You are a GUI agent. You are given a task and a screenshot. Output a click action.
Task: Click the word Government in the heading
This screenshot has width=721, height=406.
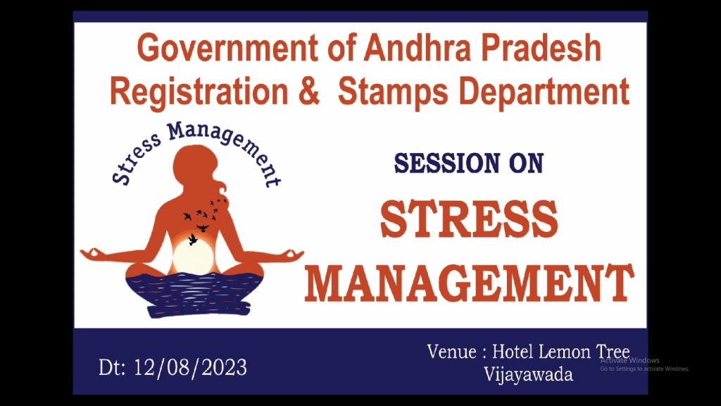pos(227,48)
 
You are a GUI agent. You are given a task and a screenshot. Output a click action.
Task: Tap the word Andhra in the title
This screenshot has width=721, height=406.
pos(418,48)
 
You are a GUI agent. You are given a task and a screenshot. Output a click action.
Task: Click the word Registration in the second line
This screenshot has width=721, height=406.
pos(199,91)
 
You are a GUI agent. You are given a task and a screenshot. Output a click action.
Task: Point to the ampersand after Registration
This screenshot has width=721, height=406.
pos(309,91)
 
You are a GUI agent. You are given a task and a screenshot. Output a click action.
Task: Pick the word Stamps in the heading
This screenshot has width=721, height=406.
pos(393,91)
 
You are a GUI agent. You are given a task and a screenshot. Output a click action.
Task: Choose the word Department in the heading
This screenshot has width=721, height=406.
pos(544,91)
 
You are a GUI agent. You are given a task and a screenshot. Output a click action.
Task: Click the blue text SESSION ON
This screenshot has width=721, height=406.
pos(469,164)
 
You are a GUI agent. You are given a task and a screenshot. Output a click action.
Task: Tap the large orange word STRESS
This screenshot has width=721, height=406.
pos(469,219)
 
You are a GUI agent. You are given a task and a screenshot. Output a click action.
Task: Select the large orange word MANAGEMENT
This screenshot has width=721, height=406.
pos(469,283)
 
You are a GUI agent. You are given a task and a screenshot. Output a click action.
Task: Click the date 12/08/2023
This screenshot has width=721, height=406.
pos(190,367)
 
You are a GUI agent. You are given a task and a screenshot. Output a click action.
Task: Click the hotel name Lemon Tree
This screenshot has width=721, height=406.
pos(584,352)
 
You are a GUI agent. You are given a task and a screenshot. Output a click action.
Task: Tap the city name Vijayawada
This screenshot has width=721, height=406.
pos(528,374)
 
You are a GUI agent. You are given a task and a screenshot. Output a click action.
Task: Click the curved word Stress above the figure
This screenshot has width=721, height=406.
pos(136,159)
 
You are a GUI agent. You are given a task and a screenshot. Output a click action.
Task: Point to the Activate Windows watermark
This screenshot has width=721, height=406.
pos(629,360)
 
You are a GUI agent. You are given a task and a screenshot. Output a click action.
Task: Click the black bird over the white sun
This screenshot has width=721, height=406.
pos(193,239)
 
